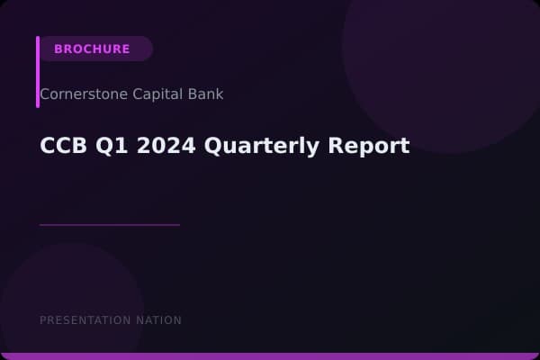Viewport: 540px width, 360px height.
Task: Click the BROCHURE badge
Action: click(94, 49)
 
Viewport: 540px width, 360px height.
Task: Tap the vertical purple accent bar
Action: click(38, 72)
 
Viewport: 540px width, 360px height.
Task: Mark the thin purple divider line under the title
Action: click(109, 225)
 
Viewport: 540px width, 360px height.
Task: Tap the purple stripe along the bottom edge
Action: click(270, 356)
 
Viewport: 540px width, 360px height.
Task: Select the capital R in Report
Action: click(338, 146)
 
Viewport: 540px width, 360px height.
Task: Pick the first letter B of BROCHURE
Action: click(58, 49)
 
